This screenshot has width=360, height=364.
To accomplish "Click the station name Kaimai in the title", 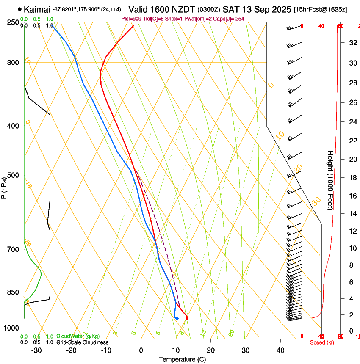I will [37, 9].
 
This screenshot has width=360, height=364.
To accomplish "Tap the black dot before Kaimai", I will [19, 9].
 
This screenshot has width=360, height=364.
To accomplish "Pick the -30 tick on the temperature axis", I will [36, 350].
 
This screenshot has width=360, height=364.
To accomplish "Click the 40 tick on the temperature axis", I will [280, 350].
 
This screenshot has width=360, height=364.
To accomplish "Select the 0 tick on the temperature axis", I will [141, 350].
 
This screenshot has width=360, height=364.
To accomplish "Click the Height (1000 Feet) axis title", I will [330, 180].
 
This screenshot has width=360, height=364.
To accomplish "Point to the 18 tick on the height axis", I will [352, 178].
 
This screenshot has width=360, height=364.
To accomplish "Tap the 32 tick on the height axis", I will [352, 43].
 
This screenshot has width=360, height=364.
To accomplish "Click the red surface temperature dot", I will [187, 318].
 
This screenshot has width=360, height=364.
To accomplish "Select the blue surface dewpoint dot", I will [177, 318].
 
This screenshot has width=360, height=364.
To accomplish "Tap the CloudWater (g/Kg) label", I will [78, 336].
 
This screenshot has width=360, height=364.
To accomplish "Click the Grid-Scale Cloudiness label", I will [82, 342].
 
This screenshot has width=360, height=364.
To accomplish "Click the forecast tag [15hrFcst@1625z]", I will [320, 9].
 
